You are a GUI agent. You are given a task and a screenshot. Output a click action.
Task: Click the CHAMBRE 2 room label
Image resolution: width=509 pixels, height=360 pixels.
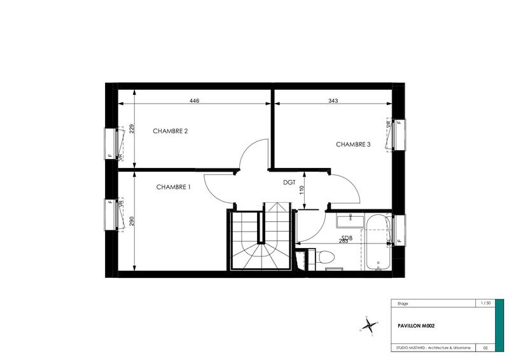coord(170,131)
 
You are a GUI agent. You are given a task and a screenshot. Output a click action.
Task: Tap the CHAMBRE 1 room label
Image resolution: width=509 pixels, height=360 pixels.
coord(174,187)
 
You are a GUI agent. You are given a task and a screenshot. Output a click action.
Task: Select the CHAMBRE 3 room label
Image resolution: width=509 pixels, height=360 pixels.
coord(353,144)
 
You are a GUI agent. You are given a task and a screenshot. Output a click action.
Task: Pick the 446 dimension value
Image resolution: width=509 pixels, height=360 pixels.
coord(196,100)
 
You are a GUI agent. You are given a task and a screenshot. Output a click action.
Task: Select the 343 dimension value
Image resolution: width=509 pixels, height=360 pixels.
coord(333,100)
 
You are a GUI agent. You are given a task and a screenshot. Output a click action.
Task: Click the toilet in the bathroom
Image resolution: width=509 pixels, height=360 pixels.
coord(324,258)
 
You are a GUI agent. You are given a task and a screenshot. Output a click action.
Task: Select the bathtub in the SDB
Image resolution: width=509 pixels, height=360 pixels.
coord(377,242)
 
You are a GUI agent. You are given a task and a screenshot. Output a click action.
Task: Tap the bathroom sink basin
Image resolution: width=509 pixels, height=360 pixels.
coord(348,221)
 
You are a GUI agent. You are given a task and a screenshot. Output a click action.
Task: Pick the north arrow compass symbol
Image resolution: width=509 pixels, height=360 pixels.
coord(368,326)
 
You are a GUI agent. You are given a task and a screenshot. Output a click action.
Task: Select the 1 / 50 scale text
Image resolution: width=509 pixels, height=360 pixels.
coord(487,303)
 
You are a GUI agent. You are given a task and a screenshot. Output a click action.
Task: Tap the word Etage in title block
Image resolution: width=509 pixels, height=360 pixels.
coord(402,303)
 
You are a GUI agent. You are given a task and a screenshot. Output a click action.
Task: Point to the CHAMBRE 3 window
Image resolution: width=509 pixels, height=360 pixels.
coord(398,134)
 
